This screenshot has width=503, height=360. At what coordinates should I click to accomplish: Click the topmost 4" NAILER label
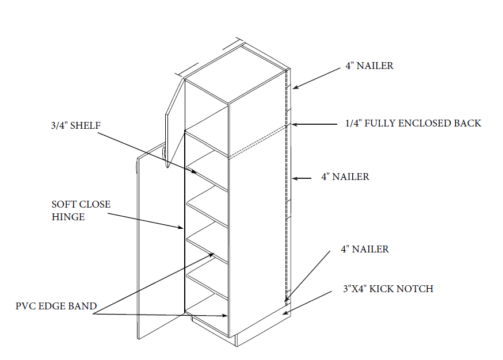click(369, 66)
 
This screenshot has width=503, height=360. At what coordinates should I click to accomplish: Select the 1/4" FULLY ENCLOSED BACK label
click(413, 123)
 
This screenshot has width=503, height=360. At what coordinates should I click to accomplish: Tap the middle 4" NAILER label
click(345, 177)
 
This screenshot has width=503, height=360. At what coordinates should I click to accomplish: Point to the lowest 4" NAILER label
click(365, 250)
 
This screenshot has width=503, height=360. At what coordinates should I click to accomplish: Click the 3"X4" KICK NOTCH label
click(388, 289)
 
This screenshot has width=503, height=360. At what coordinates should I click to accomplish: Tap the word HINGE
click(68, 217)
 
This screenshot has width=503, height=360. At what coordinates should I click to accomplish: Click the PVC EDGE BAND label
click(56, 306)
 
